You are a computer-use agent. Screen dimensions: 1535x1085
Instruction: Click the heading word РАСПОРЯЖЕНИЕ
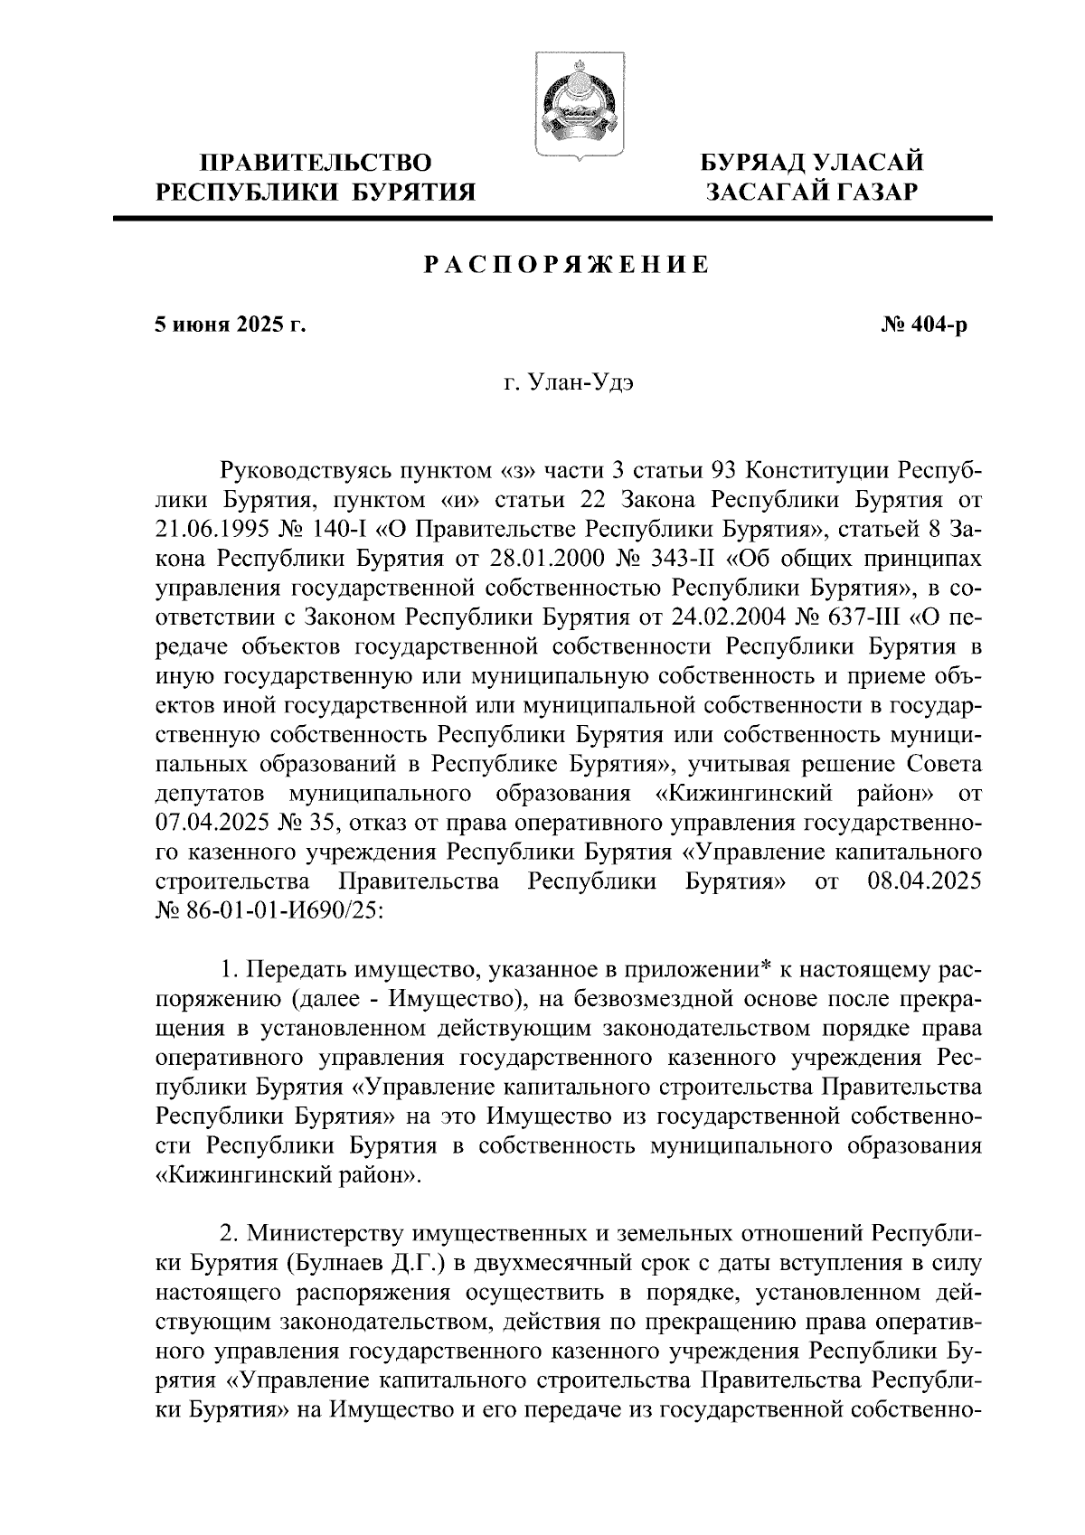[567, 265]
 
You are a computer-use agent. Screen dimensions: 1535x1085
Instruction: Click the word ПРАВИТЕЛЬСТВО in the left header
[316, 164]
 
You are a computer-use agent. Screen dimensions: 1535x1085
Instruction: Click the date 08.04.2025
[923, 882]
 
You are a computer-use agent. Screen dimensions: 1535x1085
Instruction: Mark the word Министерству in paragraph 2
[327, 1235]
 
